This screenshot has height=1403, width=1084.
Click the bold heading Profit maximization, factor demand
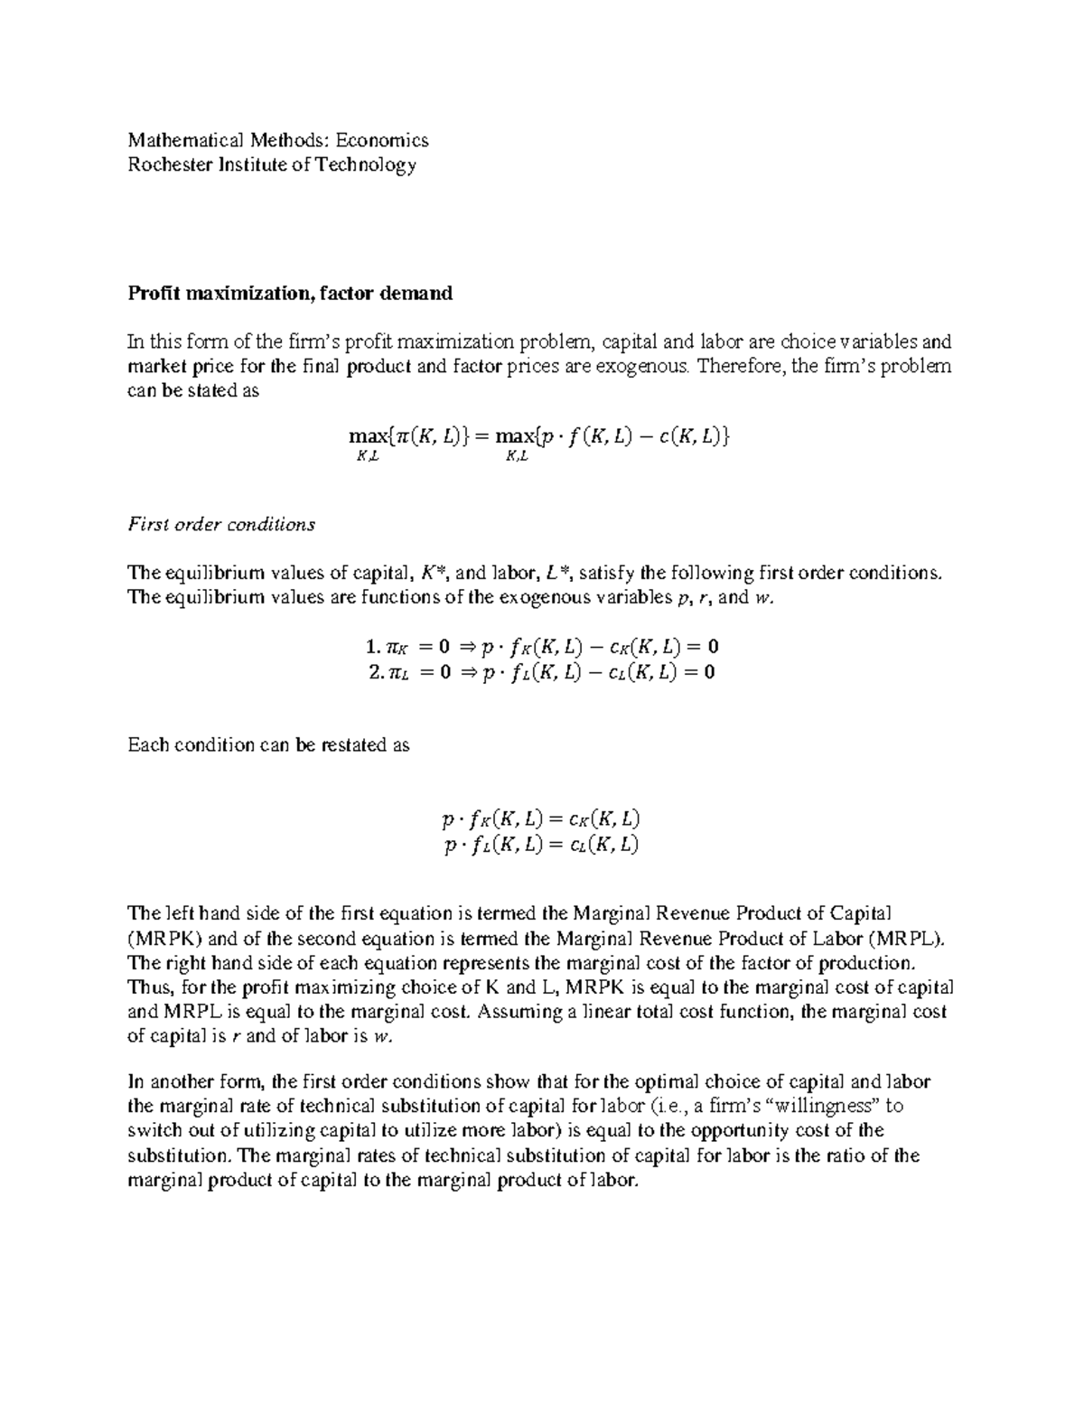(x=290, y=294)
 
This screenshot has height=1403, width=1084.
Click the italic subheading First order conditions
(x=221, y=524)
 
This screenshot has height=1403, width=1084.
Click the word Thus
(x=149, y=987)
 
